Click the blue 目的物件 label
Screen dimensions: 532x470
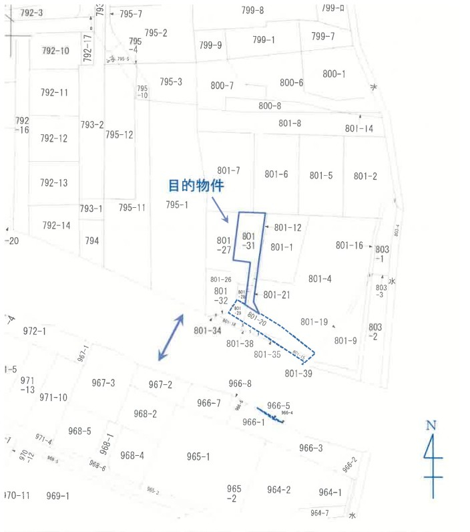tap(195, 186)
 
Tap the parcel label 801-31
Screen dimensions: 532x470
tap(248, 241)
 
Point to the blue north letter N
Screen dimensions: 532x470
tap(431, 425)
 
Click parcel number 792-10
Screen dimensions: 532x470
tap(55, 51)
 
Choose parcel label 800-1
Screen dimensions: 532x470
tap(334, 74)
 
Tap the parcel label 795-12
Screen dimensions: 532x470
tap(120, 134)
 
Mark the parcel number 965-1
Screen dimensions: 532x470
tap(198, 456)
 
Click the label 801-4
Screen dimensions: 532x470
tap(320, 279)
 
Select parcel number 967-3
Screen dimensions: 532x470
tap(103, 383)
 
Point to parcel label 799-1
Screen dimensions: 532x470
tap(264, 39)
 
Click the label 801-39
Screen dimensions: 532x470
tap(298, 374)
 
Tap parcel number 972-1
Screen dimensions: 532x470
tap(34, 331)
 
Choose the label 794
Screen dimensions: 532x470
tap(91, 241)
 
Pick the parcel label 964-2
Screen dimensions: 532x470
tap(278, 490)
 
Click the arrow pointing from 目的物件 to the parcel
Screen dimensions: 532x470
tap(222, 211)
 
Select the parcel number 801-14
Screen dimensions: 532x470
tap(359, 128)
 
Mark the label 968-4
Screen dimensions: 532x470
tap(132, 456)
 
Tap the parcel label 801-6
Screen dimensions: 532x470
tap(276, 174)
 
